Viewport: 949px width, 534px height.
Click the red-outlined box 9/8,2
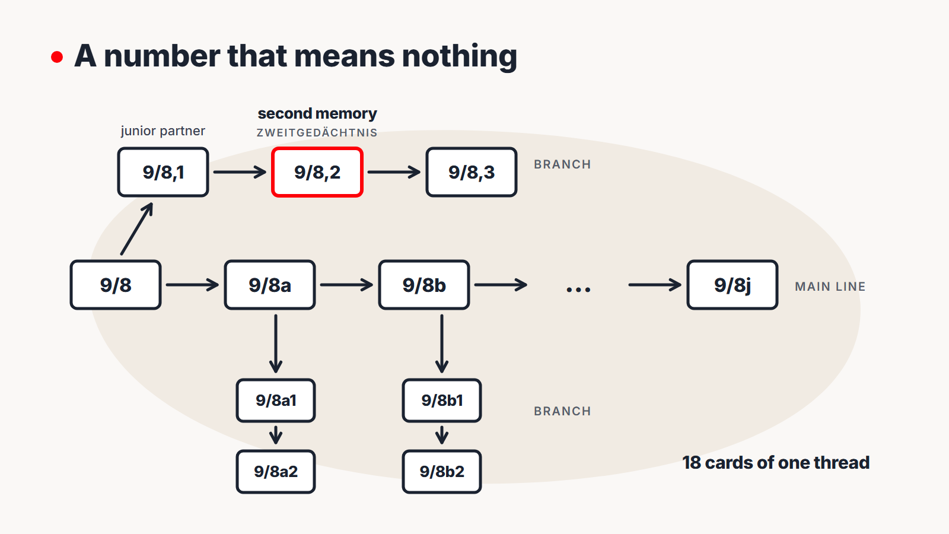[317, 172]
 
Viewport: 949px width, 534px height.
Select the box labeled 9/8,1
[163, 172]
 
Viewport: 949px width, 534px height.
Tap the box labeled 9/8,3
[472, 172]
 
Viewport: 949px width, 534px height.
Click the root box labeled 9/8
[116, 285]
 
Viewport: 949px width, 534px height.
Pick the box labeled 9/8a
[270, 285]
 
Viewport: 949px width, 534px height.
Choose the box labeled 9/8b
[424, 285]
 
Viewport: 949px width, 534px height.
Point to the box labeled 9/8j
[733, 285]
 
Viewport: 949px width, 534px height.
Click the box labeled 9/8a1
[276, 401]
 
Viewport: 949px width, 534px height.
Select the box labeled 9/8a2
[276, 472]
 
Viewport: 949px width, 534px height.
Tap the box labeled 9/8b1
[442, 401]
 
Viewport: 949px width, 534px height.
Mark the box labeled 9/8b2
[442, 472]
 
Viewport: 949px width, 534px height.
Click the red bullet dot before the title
[57, 57]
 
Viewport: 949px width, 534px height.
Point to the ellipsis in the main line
[578, 290]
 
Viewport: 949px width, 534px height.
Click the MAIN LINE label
[830, 287]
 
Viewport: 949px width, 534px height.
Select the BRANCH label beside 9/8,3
[562, 164]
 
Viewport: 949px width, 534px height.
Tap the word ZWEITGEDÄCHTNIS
[317, 133]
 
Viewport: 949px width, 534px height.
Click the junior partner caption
[163, 131]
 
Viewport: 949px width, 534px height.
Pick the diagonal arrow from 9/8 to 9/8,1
[137, 228]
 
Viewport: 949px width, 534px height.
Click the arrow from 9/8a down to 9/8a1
[276, 344]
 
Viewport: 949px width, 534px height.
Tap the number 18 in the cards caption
[692, 463]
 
